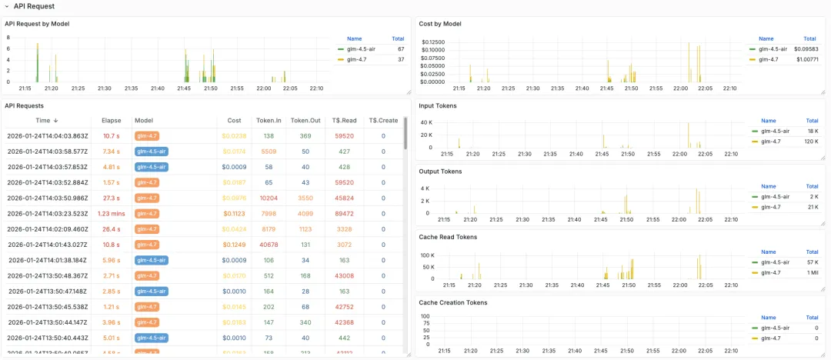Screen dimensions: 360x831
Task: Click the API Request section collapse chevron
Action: click(x=7, y=6)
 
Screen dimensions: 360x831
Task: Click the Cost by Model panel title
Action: click(x=440, y=24)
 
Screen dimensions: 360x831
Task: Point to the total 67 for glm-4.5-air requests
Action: click(x=400, y=48)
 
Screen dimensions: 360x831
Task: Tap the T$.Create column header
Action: click(x=383, y=120)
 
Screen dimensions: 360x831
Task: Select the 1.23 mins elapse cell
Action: click(x=112, y=213)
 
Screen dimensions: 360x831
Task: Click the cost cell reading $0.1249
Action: click(x=234, y=245)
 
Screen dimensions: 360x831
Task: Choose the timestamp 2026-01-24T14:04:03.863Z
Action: click(x=47, y=135)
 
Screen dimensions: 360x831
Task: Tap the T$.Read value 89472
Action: click(x=344, y=213)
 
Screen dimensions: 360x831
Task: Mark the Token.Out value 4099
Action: click(x=305, y=213)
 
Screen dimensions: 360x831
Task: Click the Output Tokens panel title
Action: click(x=440, y=171)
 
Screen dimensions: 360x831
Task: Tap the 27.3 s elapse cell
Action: click(x=112, y=198)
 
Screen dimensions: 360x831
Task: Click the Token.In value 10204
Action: click(x=269, y=198)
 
